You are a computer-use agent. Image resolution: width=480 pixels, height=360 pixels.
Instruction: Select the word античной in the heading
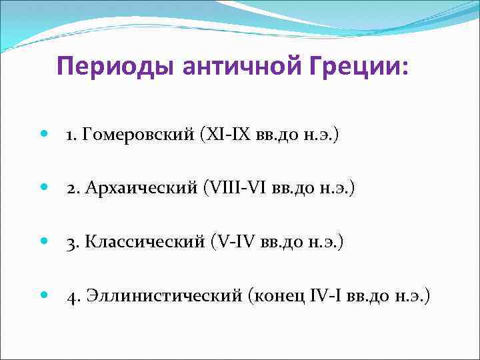pyautogui.click(x=224, y=67)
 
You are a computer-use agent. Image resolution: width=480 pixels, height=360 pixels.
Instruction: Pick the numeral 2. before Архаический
pyautogui.click(x=71, y=190)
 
